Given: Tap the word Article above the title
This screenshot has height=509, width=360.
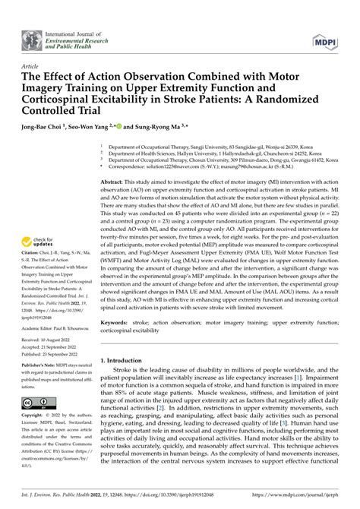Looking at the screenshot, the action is (x=32, y=67).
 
